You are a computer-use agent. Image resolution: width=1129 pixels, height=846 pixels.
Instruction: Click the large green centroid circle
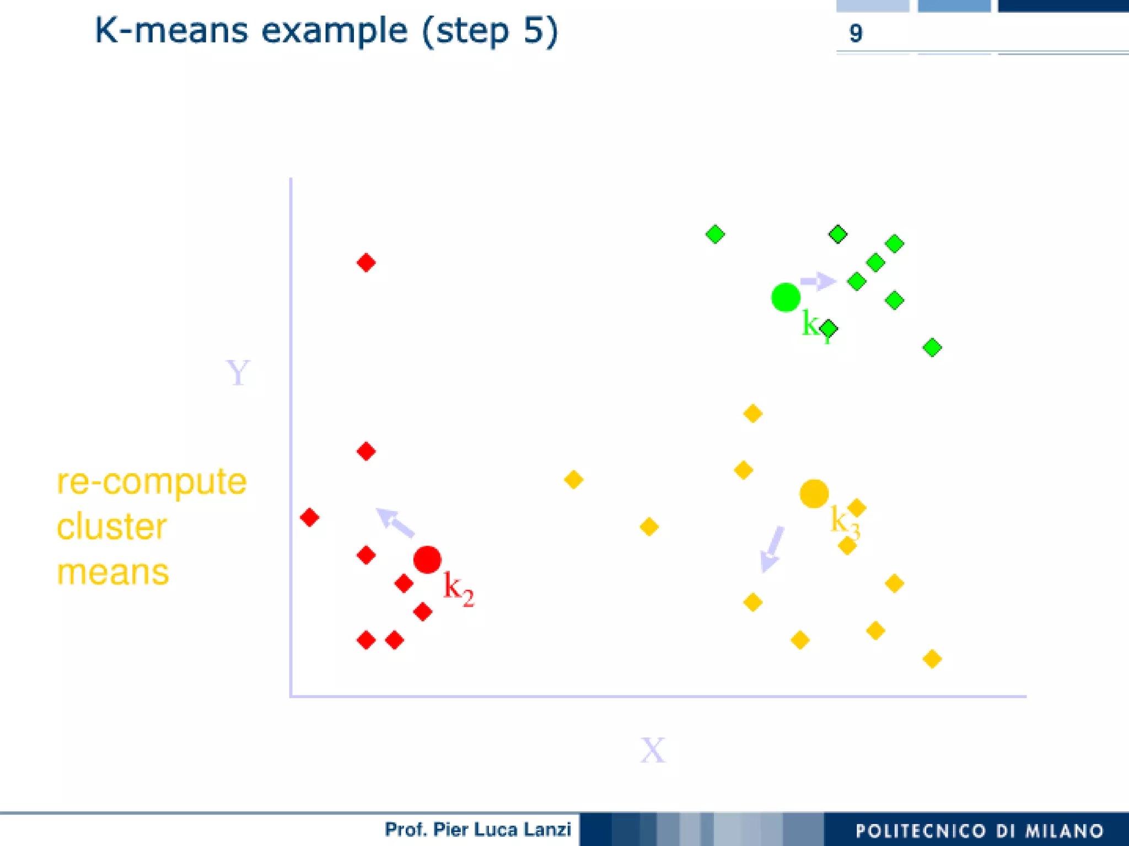(x=785, y=297)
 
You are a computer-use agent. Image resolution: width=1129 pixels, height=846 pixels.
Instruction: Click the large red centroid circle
(x=427, y=560)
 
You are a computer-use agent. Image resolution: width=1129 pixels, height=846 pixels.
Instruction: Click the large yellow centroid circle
(x=814, y=493)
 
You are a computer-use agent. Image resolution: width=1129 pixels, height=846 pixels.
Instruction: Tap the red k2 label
(x=458, y=588)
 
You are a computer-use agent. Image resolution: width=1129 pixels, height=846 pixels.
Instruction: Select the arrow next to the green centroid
(x=818, y=281)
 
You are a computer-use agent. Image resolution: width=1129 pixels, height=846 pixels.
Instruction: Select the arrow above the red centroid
(x=395, y=522)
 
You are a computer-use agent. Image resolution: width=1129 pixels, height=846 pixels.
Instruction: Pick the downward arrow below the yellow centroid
(x=771, y=549)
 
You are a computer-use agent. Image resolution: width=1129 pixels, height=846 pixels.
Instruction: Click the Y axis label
(x=238, y=373)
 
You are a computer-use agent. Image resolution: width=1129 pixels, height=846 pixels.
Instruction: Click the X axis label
(x=653, y=750)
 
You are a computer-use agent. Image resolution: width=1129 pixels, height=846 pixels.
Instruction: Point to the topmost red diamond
(x=366, y=262)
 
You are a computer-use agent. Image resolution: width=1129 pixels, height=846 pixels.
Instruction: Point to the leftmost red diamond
(x=309, y=517)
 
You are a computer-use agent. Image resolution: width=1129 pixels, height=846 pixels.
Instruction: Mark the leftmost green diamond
(x=715, y=234)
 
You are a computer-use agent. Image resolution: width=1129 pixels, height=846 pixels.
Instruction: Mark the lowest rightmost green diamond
(x=932, y=347)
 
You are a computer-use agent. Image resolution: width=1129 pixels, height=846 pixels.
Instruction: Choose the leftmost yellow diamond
(x=573, y=479)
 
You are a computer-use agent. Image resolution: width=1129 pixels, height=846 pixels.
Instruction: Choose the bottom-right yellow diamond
(x=932, y=658)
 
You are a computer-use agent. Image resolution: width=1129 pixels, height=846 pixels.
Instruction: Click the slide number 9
(x=855, y=34)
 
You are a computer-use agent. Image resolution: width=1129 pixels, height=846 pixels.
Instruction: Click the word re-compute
(x=152, y=481)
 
